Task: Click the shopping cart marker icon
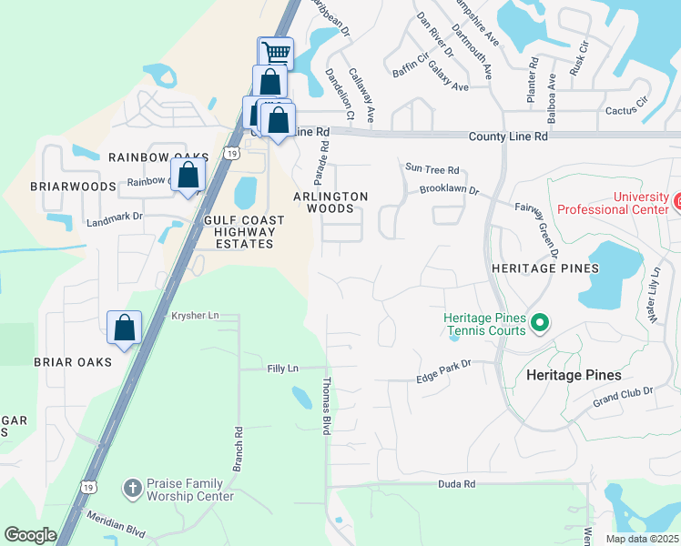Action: coord(276,53)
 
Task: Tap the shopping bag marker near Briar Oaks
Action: coord(124,327)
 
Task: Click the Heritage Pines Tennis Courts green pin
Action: coord(540,322)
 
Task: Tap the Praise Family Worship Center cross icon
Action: coord(132,489)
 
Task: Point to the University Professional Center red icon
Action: coord(676,198)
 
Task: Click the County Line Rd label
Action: coord(508,136)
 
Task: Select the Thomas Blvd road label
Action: coord(326,406)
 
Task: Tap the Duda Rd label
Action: coord(456,485)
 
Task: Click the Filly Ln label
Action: coord(282,369)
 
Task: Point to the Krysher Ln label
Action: coord(196,316)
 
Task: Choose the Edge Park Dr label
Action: coord(442,364)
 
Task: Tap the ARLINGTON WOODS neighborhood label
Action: coord(330,202)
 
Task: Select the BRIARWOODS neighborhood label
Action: coord(72,187)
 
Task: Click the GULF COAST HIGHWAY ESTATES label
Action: coord(245,232)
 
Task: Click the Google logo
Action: coord(30,535)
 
